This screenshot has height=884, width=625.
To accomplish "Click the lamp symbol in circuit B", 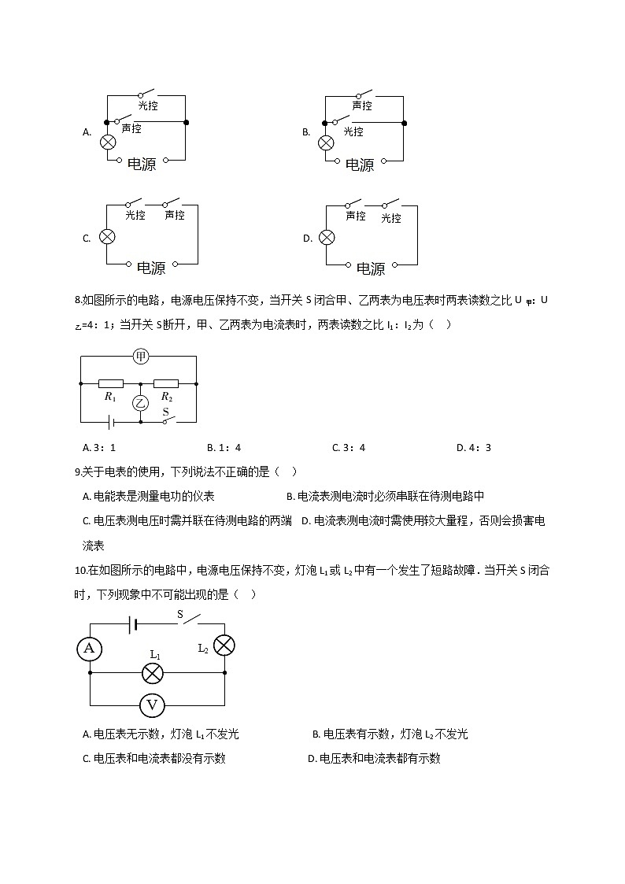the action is [x=325, y=142].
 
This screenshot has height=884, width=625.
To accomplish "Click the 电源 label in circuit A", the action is [x=142, y=164].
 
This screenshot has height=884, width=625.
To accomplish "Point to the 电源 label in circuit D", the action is [x=371, y=268].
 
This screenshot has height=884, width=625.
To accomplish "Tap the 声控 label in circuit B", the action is [x=362, y=105].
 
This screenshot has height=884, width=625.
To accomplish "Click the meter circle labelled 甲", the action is [x=141, y=357].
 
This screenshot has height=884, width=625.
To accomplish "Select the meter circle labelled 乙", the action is [x=140, y=404].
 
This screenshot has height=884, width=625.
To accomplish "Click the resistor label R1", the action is [x=110, y=398].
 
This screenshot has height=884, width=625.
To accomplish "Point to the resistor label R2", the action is [x=166, y=398].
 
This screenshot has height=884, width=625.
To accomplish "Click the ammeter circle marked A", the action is [x=89, y=648].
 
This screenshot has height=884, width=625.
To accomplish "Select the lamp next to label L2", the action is [x=224, y=646].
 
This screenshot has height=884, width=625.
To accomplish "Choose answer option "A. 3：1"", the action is [x=99, y=448].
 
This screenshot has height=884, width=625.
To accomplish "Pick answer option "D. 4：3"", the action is [x=474, y=448].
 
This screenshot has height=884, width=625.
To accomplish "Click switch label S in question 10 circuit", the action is [x=179, y=613].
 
